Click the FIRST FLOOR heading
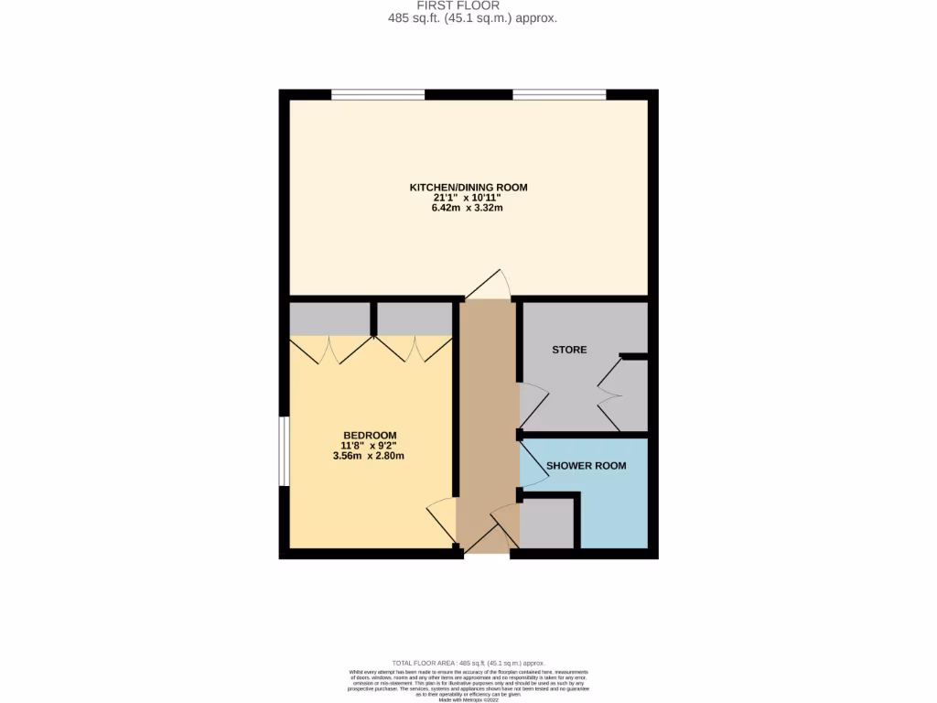tap(468, 5)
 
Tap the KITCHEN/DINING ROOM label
tap(468, 188)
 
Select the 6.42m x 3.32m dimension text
tap(468, 209)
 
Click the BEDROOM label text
tap(370, 435)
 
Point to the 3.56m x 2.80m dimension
tap(370, 456)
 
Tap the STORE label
tap(569, 350)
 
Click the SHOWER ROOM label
tap(586, 466)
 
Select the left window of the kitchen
tap(378, 93)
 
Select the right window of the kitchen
tap(559, 93)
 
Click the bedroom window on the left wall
tap(284, 451)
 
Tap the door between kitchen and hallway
tap(489, 287)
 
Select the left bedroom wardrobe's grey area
tap(329, 319)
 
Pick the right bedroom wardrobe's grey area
tap(415, 319)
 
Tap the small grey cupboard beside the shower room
tap(546, 524)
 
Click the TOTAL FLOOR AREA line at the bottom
tap(468, 663)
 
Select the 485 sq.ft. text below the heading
tap(468, 18)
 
